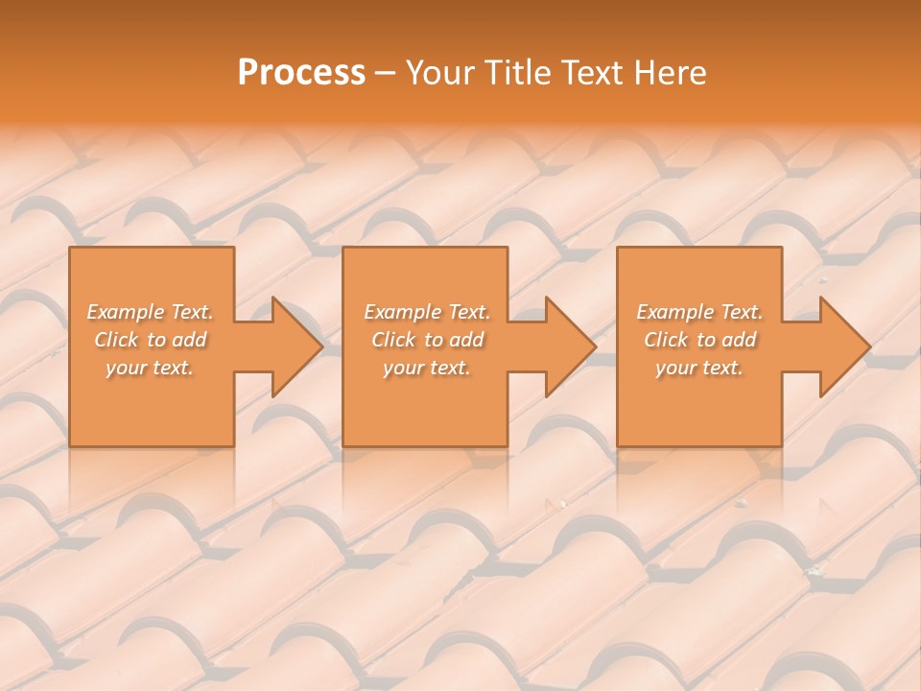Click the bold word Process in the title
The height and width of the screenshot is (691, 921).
301,73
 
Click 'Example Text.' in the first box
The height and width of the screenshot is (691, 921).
150,312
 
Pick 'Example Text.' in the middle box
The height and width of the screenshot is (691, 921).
426,312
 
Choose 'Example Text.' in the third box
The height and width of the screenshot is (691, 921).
699,312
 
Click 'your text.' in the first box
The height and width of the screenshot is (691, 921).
150,368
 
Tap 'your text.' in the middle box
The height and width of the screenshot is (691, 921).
426,368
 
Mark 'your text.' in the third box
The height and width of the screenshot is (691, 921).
699,368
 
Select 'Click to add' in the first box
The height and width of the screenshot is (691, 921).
150,340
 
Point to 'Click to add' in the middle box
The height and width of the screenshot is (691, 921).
426,340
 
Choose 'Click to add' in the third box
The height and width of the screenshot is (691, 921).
699,340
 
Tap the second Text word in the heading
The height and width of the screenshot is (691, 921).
590,73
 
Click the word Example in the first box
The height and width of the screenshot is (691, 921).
126,312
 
